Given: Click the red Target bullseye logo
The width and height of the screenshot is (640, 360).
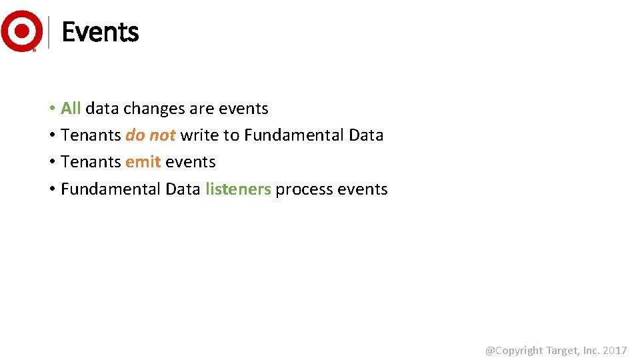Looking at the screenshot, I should (x=21, y=31).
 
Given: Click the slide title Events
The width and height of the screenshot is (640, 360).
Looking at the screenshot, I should (x=100, y=32).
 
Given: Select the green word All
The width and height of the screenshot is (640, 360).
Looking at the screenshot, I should (x=71, y=108).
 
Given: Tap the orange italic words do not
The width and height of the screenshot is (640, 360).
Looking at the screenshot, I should (x=150, y=135).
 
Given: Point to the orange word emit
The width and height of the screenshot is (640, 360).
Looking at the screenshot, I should (x=143, y=162).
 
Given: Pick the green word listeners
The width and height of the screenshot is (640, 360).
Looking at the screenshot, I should (x=238, y=189).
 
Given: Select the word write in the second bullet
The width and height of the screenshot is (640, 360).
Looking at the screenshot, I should (x=200, y=135).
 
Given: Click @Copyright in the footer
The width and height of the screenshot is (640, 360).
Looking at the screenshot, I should (x=515, y=351).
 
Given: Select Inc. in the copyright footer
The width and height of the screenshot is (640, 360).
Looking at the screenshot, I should (x=591, y=351).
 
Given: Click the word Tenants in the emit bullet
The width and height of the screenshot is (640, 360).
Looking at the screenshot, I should (x=91, y=162).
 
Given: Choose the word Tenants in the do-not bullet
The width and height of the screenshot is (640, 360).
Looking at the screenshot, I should (x=91, y=135).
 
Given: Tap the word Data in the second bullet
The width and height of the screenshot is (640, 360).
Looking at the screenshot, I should (x=366, y=135).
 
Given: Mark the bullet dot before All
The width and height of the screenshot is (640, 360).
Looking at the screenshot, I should (x=51, y=109).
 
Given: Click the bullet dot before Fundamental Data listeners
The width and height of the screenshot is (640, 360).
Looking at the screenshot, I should (x=51, y=190).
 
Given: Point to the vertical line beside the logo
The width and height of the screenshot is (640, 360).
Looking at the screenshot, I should (x=49, y=32).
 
